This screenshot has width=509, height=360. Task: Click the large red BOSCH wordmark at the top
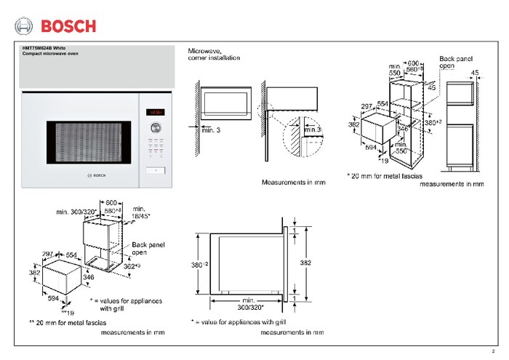(x=68, y=27)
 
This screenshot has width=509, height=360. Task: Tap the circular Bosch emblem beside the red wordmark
(x=25, y=27)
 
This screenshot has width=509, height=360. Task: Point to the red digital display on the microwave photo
(x=154, y=112)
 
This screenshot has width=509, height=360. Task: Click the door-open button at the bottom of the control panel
(x=154, y=171)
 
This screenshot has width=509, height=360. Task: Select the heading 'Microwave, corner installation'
(x=212, y=54)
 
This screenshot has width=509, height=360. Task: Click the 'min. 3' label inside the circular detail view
(x=314, y=129)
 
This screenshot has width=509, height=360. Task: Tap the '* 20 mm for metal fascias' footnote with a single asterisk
(x=384, y=175)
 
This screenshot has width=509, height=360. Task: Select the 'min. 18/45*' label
(x=142, y=212)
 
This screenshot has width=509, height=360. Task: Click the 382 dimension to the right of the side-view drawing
(x=306, y=260)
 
